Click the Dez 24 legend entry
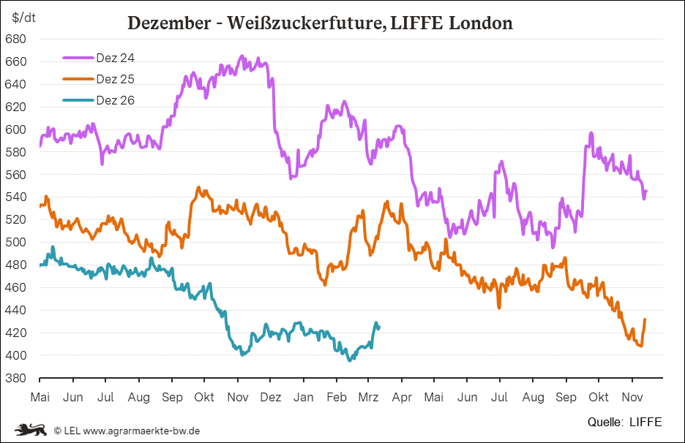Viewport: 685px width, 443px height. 115,57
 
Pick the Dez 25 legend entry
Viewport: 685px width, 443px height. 115,79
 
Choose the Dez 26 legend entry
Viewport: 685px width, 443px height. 115,100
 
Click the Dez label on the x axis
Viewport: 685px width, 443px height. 271,397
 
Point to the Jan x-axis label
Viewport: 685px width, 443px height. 304,397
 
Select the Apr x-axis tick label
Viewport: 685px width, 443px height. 402,397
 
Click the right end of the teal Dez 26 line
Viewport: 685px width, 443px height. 378,327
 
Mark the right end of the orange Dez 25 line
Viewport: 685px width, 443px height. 645,319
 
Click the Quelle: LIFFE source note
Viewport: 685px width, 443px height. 624,422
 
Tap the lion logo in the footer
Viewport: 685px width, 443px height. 31,429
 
